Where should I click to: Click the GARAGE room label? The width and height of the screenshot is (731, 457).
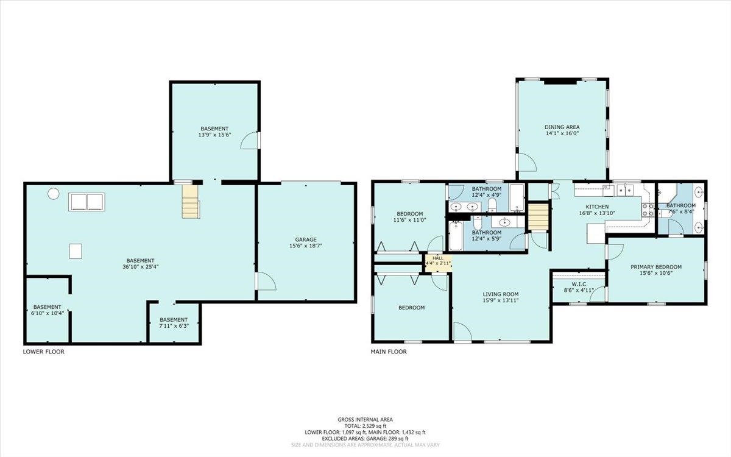click(306, 239)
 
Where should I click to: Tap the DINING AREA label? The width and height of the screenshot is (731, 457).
click(562, 127)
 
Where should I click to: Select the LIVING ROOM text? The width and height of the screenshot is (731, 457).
click(501, 294)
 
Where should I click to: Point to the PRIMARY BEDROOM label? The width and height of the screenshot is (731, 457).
click(656, 267)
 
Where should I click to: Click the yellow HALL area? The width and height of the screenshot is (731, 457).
click(438, 263)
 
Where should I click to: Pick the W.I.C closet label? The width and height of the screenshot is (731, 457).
click(579, 285)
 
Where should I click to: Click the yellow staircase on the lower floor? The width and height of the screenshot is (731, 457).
click(190, 202)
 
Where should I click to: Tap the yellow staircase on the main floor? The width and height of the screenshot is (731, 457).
click(538, 217)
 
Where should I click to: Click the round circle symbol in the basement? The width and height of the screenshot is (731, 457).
click(54, 194)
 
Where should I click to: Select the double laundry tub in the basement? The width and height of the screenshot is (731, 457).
click(87, 202)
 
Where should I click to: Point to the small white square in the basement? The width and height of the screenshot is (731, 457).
click(76, 251)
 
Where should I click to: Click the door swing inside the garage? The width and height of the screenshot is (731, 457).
click(267, 282)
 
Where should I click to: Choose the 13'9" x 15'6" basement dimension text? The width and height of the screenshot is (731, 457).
click(214, 135)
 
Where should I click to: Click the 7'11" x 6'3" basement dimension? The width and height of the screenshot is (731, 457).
click(174, 326)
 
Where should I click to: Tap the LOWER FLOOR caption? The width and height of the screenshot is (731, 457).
click(44, 352)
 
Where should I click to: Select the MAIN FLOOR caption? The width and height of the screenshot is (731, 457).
click(389, 352)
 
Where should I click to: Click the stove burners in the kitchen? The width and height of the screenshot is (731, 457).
click(648, 210)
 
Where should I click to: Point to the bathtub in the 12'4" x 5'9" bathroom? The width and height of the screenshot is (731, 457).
click(456, 236)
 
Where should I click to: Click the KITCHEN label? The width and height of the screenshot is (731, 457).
click(597, 207)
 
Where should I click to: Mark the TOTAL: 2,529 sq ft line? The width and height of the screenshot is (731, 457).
click(365, 426)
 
